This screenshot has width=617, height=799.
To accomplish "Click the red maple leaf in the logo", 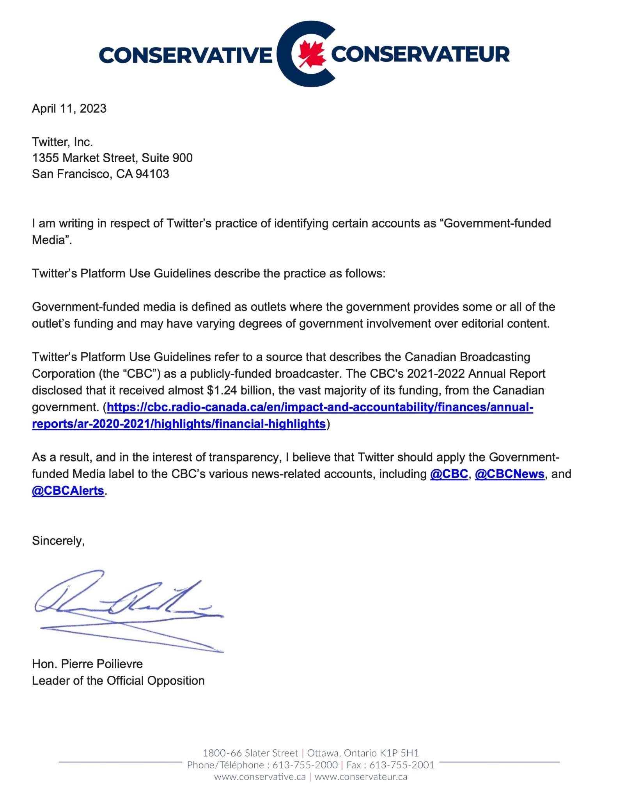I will coord(312,54).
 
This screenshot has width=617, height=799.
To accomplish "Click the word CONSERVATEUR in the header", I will coord(420,54).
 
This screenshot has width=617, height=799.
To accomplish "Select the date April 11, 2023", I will coord(69,108).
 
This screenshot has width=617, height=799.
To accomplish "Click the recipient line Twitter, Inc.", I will coord(62,141).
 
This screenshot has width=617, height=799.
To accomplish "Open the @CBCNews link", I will coord(509,474).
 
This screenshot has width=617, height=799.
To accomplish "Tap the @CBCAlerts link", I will coord(68,491).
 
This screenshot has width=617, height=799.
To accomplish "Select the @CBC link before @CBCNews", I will coord(449,474).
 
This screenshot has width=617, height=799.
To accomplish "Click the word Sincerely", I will coord(58,541).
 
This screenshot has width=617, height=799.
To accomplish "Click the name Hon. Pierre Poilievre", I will coord(87,664).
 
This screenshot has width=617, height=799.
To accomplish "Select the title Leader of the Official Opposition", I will coord(118,680).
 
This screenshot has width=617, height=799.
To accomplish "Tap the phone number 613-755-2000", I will coord(305,765).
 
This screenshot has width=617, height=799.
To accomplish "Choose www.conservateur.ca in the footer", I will coord(361,777).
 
